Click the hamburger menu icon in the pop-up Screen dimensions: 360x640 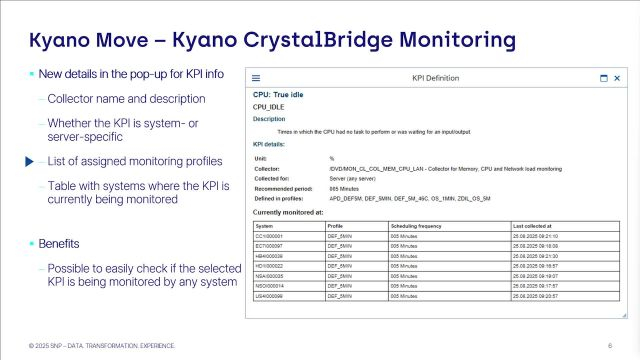click(x=255, y=78)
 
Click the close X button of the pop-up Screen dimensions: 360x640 click(x=618, y=78)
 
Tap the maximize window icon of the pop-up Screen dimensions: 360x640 click(x=603, y=78)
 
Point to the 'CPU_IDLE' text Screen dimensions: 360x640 click(x=268, y=107)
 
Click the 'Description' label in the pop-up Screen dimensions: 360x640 click(x=269, y=119)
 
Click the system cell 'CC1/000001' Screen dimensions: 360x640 click(x=271, y=236)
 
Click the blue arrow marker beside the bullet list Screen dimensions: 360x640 click(x=29, y=160)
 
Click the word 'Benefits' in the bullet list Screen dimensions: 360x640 click(x=58, y=243)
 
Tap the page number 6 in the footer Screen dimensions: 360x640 click(x=610, y=345)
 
